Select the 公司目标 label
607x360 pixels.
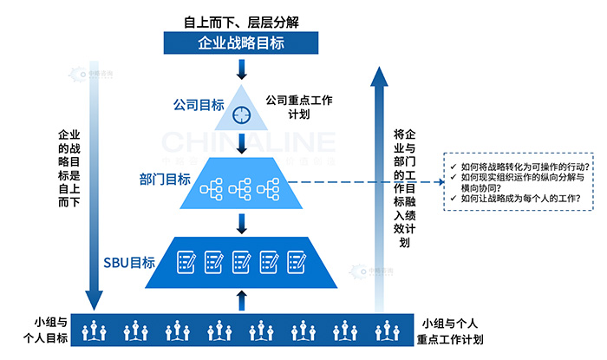pyautogui.click(x=199, y=106)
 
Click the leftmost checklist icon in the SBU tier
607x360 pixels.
pyautogui.click(x=186, y=260)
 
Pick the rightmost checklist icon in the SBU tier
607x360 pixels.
pyautogui.click(x=297, y=260)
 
